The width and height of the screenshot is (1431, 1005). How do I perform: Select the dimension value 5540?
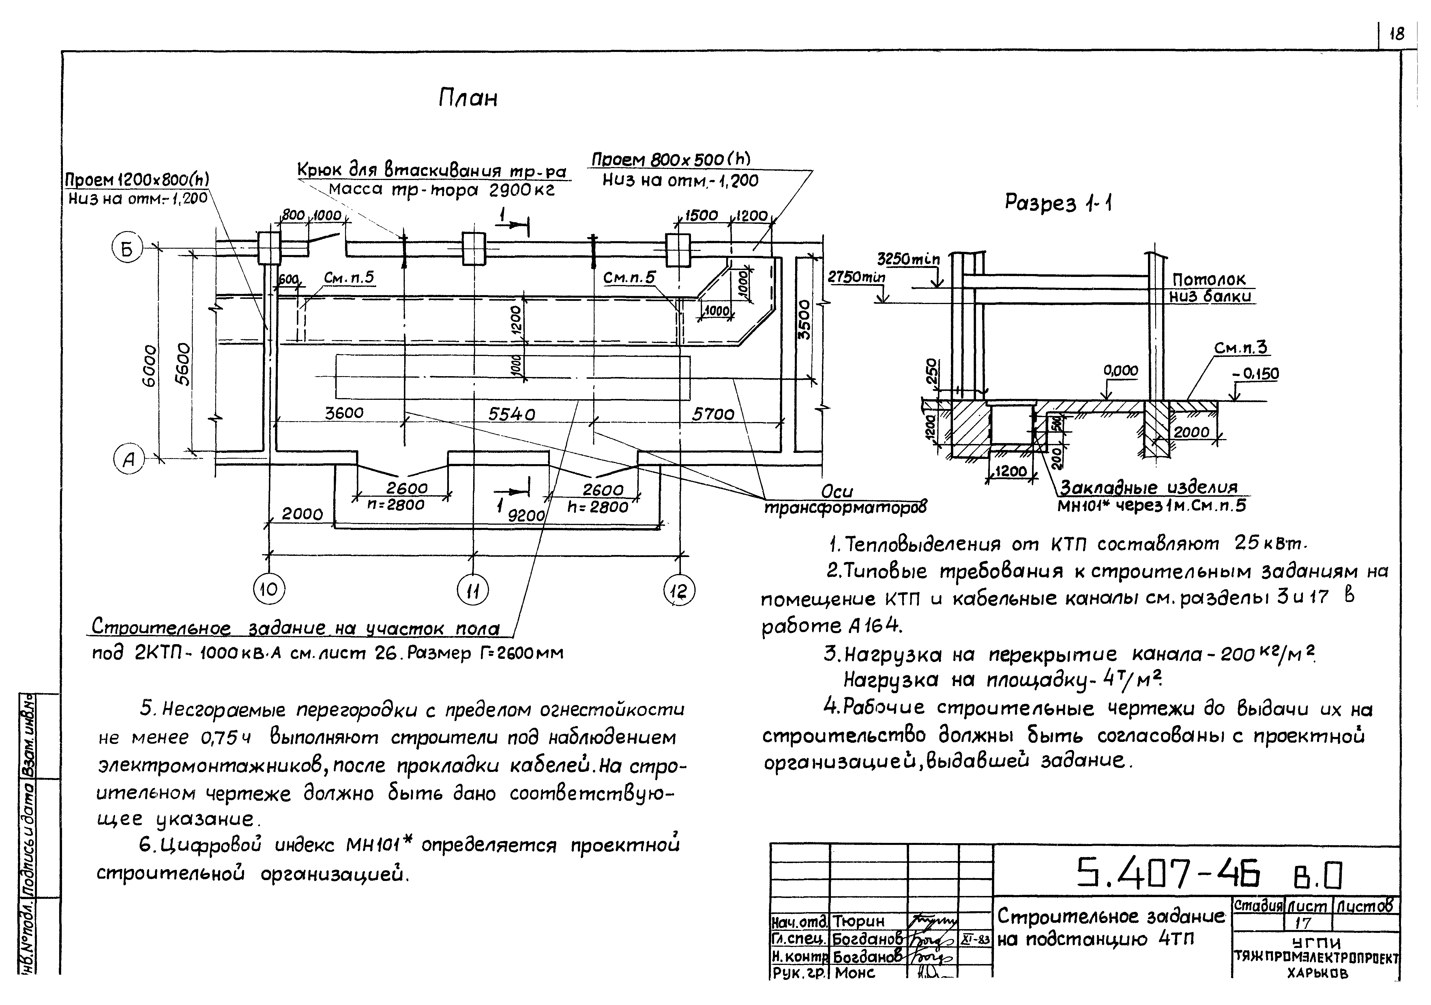point(511,414)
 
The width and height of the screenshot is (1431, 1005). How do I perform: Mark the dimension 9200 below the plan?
point(527,515)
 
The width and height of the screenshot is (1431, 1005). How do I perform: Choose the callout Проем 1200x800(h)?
point(137,179)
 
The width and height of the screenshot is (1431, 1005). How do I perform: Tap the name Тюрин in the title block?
point(859,921)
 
